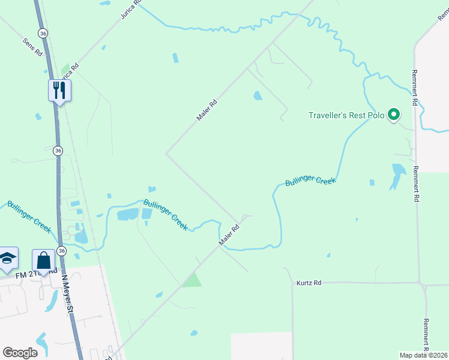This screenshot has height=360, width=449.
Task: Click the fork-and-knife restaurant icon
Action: click(x=59, y=90)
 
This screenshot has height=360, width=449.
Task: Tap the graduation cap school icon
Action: click(x=8, y=258)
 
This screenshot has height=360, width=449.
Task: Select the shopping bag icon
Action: click(x=43, y=260)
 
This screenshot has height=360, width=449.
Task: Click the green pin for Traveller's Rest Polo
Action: click(x=394, y=113)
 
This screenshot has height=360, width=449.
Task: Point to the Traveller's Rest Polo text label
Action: click(x=346, y=115)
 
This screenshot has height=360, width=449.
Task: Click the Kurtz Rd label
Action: click(x=309, y=283)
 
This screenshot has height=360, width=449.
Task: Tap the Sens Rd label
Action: click(x=32, y=47)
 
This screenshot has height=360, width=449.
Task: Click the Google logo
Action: click(x=20, y=353)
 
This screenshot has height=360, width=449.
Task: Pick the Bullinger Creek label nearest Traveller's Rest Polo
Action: click(x=310, y=181)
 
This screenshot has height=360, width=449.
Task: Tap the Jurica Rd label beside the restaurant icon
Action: click(x=67, y=72)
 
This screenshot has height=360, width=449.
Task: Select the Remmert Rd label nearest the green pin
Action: click(x=414, y=87)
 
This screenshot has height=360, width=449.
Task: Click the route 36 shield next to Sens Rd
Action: click(x=42, y=34)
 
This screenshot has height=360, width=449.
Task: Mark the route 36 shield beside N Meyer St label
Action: click(x=61, y=250)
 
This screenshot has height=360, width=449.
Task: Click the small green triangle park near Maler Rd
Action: click(x=192, y=280)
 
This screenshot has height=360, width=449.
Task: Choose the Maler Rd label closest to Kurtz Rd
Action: click(x=229, y=235)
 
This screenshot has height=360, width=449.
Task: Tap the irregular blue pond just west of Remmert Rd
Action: click(x=397, y=175)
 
